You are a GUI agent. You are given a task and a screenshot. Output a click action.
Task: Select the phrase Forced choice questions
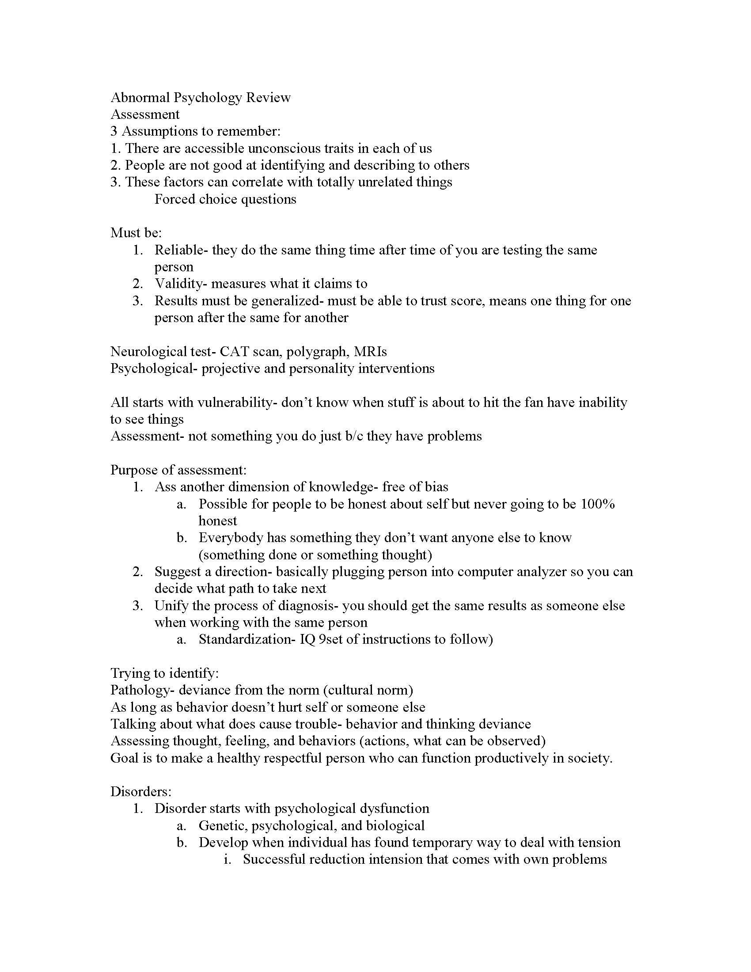click(225, 199)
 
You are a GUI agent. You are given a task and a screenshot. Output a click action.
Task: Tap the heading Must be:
click(136, 233)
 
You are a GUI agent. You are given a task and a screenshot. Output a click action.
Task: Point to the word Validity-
click(181, 284)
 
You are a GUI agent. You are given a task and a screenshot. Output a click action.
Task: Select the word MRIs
click(371, 352)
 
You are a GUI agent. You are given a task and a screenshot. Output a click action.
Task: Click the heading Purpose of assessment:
click(178, 470)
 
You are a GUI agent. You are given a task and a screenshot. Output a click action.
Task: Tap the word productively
click(511, 758)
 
